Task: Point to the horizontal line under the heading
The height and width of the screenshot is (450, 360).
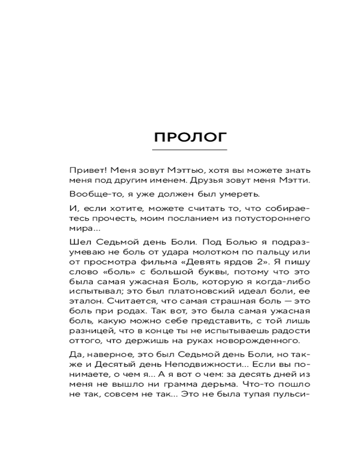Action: pyautogui.click(x=190, y=149)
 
